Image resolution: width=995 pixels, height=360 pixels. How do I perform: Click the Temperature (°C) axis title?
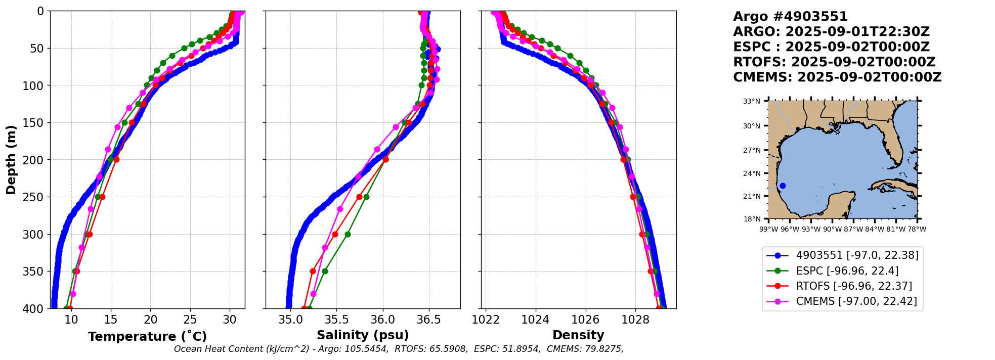click(147, 336)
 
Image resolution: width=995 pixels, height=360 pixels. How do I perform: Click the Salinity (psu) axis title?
click(363, 335)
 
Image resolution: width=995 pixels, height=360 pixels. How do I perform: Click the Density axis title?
click(578, 335)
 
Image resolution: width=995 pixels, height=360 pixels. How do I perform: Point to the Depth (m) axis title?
click(11, 159)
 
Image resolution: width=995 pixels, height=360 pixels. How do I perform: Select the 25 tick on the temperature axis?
click(190, 320)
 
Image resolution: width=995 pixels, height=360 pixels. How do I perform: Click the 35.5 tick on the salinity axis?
click(336, 320)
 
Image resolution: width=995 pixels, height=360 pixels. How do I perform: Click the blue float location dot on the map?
click(783, 186)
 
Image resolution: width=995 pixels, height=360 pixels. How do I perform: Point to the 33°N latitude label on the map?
click(751, 102)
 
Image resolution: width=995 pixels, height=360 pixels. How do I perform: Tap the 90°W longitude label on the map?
click(832, 229)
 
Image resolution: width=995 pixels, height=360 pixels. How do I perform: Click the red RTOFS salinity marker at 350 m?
click(313, 271)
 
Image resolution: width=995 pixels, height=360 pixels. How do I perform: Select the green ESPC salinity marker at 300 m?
click(348, 234)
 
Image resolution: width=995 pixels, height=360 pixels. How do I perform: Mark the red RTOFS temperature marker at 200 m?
click(116, 159)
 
